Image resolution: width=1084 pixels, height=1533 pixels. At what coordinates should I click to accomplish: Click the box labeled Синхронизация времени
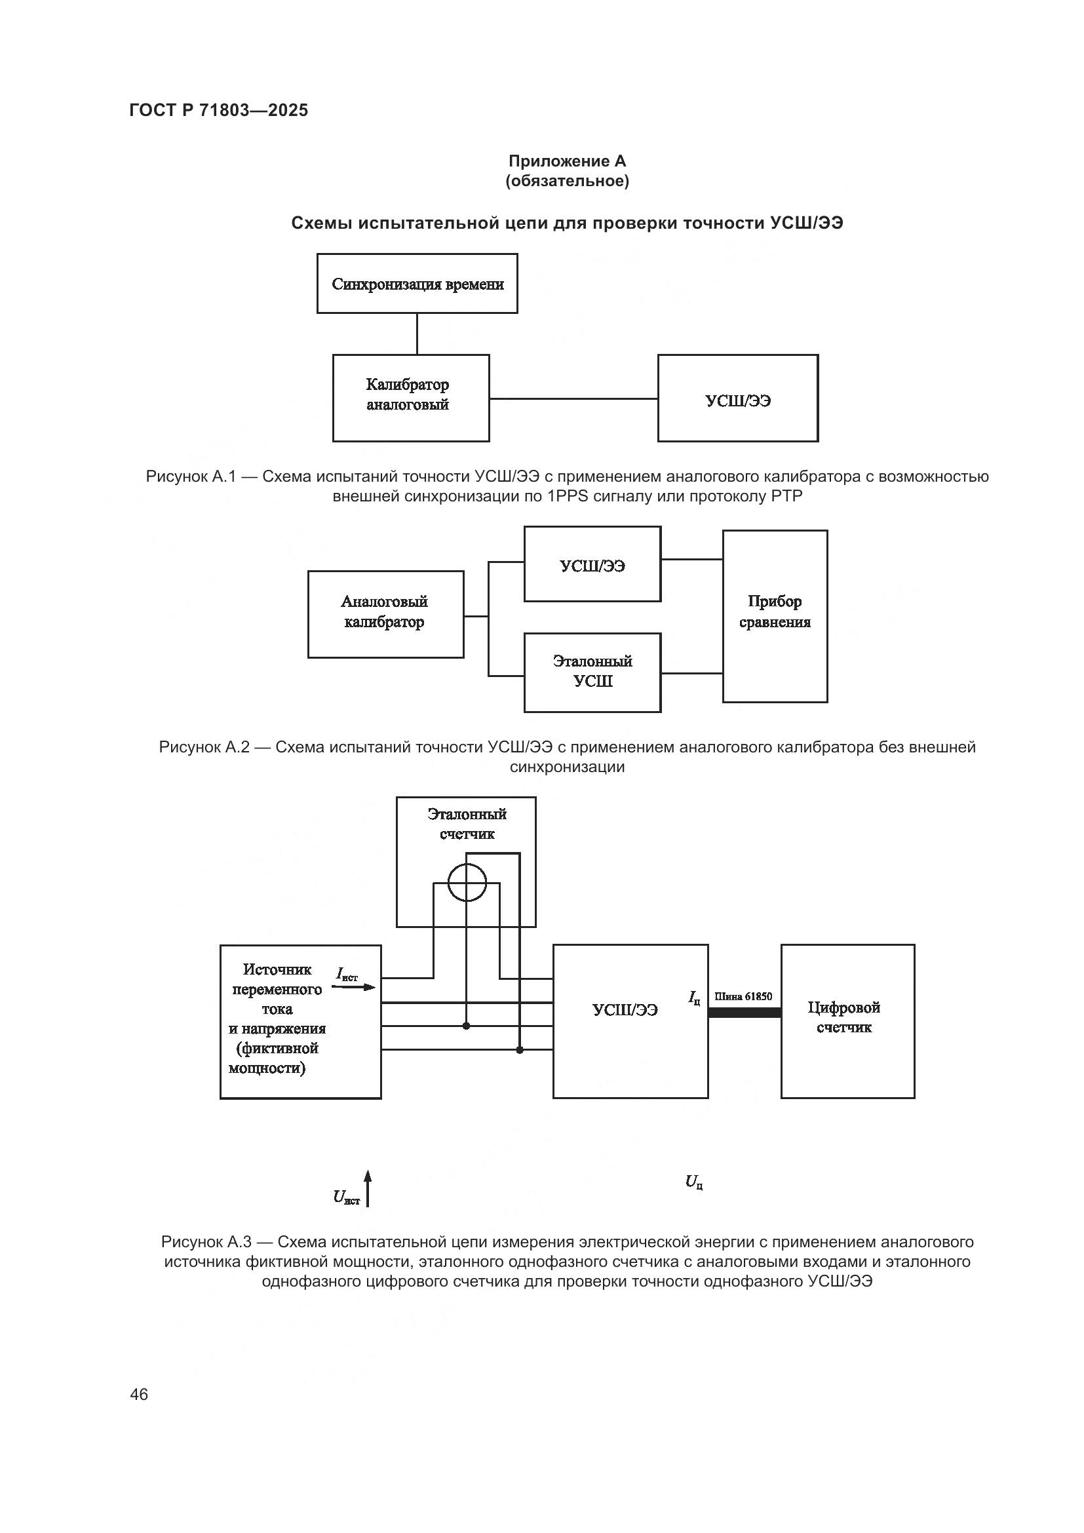[x=417, y=284]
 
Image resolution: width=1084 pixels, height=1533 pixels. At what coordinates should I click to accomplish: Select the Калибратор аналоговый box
[x=410, y=398]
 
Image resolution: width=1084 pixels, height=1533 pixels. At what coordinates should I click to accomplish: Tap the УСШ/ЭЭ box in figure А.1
[x=737, y=398]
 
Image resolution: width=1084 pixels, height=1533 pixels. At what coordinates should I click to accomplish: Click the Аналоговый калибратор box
[x=385, y=614]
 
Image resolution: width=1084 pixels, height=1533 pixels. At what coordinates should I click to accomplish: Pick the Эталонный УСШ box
[x=592, y=672]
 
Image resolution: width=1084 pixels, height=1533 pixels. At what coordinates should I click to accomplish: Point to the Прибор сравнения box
[x=774, y=616]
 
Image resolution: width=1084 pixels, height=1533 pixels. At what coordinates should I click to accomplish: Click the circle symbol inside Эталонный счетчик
[x=467, y=883]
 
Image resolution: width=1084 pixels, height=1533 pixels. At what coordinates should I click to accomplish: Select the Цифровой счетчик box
[x=847, y=1021]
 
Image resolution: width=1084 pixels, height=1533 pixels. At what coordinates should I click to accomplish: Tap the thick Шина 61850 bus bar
[x=745, y=1013]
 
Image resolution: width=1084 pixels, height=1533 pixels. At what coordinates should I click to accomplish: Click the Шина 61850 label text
[x=743, y=997]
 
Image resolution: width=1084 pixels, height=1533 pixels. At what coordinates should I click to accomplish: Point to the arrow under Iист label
[x=354, y=987]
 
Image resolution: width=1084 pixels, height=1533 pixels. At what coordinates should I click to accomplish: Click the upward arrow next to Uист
[x=368, y=1188]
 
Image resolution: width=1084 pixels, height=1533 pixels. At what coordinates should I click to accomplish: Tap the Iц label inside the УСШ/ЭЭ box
[x=695, y=998]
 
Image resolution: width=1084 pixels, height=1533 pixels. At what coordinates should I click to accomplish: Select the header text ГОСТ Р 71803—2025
[x=218, y=110]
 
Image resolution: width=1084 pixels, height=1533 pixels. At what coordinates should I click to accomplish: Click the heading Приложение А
[x=567, y=161]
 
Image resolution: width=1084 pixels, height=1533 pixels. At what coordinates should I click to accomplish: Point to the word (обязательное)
[x=567, y=181]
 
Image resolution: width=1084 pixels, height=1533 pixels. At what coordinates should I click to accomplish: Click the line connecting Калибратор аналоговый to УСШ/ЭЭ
[x=573, y=398]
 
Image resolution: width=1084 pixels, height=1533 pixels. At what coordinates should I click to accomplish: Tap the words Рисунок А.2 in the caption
[x=204, y=747]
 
